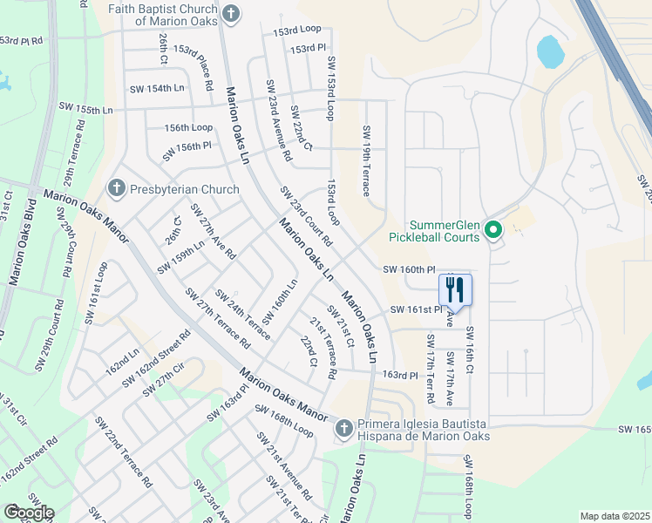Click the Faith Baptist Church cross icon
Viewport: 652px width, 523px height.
tap(230, 13)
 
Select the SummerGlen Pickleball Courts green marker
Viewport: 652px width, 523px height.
tap(492, 231)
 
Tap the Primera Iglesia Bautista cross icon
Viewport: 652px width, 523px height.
tap(344, 428)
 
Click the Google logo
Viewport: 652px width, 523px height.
tap(29, 513)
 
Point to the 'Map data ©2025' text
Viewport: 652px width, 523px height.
tap(615, 516)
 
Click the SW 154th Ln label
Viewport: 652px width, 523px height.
tap(157, 89)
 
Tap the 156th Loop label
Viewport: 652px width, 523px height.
tap(188, 127)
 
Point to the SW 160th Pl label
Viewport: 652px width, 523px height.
tap(408, 270)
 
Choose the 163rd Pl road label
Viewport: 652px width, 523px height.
tap(402, 375)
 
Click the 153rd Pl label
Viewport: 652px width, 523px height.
tap(308, 49)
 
